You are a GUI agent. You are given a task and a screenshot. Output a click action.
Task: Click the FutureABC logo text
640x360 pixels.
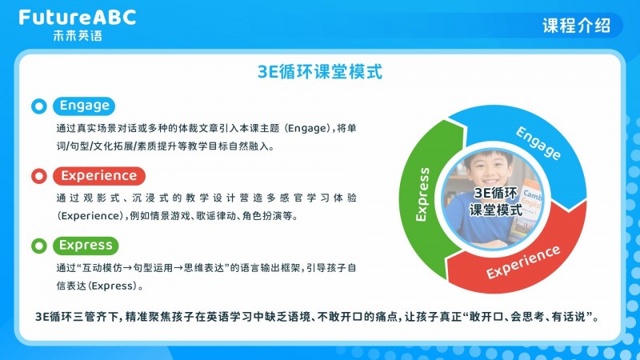pyautogui.click(x=78, y=18)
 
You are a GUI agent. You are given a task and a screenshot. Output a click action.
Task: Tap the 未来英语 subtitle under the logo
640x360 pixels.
pyautogui.click(x=78, y=35)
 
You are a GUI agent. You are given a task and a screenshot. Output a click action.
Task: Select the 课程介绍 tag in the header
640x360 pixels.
pyautogui.click(x=576, y=26)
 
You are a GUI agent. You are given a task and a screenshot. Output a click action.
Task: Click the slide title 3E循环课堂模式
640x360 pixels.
pyautogui.click(x=320, y=72)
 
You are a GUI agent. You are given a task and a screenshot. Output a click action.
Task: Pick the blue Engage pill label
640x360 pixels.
pyautogui.click(x=84, y=106)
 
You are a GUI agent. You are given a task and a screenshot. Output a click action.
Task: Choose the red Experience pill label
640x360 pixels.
pyautogui.click(x=98, y=176)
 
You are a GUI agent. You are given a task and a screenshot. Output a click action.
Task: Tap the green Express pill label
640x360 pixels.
pyautogui.click(x=86, y=246)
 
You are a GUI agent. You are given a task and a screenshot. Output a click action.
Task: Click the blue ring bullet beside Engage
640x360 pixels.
pyautogui.click(x=39, y=106)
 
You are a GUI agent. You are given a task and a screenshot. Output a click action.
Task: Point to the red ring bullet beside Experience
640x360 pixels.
pyautogui.click(x=39, y=176)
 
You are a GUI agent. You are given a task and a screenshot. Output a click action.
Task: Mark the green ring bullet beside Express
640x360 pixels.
pyautogui.click(x=39, y=246)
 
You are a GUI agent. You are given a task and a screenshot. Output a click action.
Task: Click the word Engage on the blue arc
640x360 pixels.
pyautogui.click(x=538, y=143)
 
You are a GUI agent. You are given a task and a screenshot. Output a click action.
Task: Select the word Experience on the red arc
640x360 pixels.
pyautogui.click(x=523, y=262)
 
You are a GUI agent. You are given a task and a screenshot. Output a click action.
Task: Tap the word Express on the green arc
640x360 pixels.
pyautogui.click(x=422, y=194)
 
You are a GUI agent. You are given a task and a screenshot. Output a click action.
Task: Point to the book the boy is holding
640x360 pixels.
pyautogui.click(x=526, y=212)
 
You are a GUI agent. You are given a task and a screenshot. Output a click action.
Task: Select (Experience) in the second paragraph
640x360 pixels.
pyautogui.click(x=90, y=216)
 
